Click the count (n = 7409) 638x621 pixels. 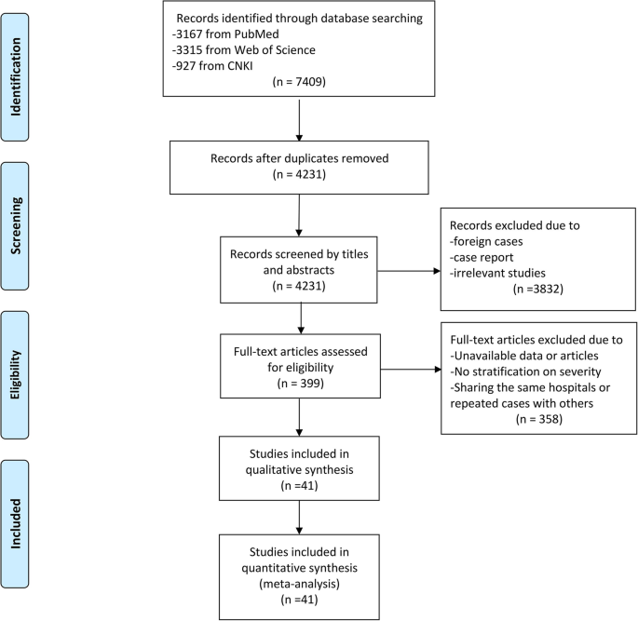pyautogui.click(x=298, y=80)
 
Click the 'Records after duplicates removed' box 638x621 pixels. pyautogui.click(x=298, y=166)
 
